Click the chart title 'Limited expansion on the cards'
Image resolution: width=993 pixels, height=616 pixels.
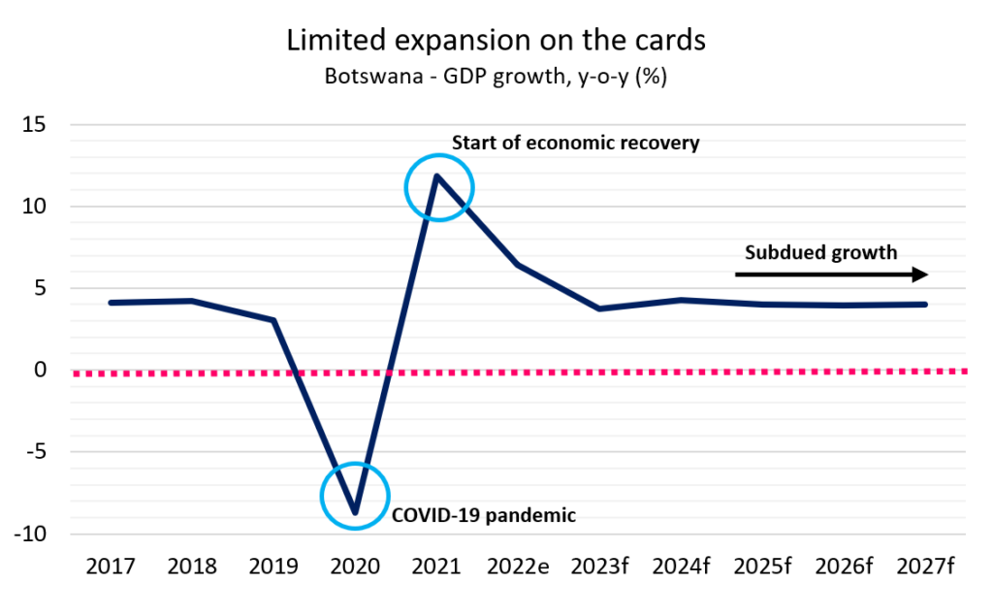point(496,41)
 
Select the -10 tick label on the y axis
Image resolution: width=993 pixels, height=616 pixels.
point(33,534)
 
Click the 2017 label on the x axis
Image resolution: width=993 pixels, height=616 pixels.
point(111,567)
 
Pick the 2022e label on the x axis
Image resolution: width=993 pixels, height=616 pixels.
point(520,567)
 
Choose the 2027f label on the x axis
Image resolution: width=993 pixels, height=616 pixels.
point(927,567)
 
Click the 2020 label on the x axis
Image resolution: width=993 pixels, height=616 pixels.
point(356,567)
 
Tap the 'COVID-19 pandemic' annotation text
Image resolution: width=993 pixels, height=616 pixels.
point(483,515)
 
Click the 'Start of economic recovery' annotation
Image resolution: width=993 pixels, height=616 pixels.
point(575,144)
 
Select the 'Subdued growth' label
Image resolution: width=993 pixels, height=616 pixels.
point(820,253)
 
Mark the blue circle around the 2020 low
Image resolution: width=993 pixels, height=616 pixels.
point(355,496)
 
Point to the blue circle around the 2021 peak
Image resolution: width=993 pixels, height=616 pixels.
point(438,186)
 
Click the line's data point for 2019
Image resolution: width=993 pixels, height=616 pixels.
point(274,320)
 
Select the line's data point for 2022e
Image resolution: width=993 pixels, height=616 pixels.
point(520,265)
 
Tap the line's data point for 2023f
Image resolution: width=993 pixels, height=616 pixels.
point(601,308)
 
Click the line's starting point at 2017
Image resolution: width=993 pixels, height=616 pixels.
point(111,303)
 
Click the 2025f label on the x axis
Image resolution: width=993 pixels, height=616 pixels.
point(764,567)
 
